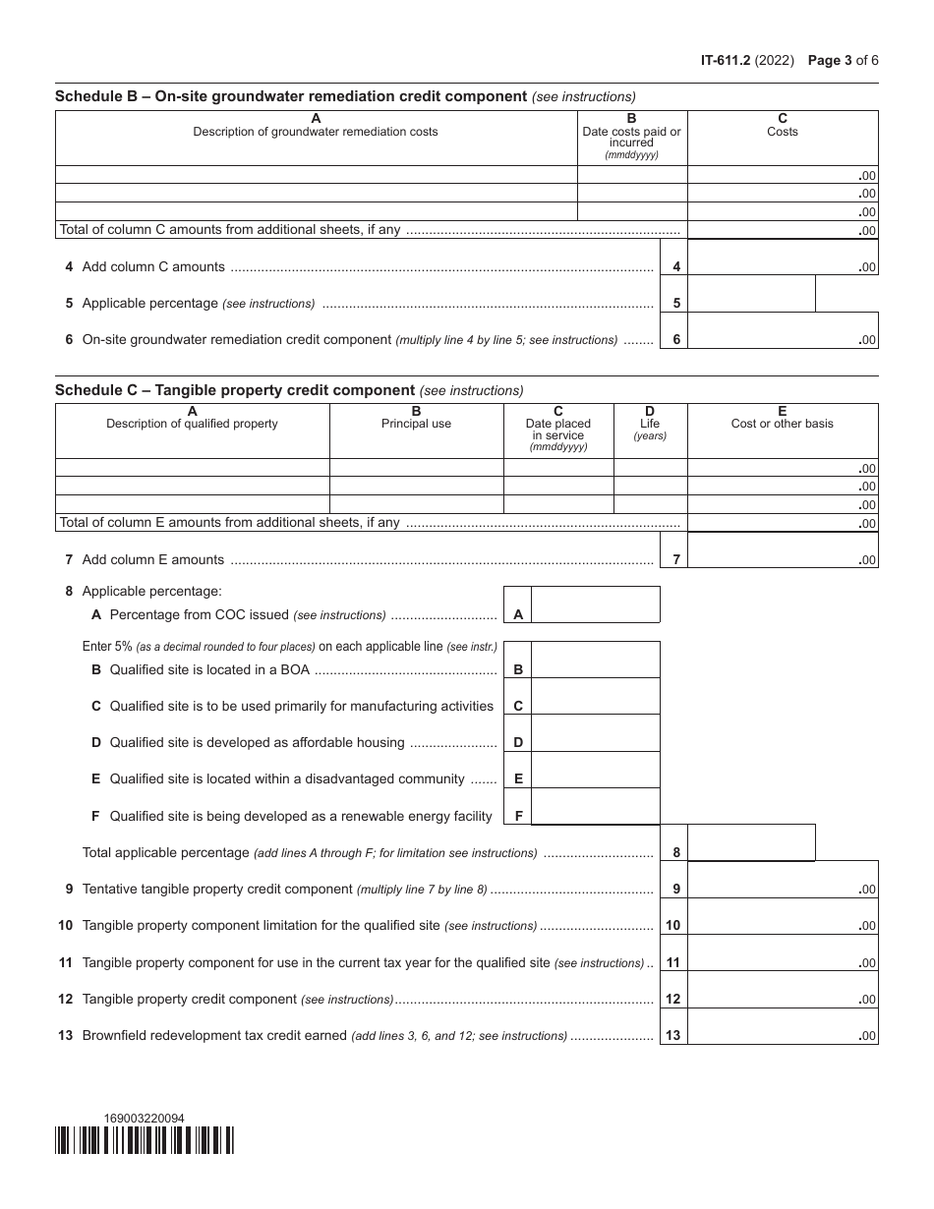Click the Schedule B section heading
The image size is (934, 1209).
pyautogui.click(x=291, y=96)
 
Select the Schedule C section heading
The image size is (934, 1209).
pyautogui.click(x=235, y=390)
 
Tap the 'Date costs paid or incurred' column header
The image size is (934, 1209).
pyautogui.click(x=631, y=137)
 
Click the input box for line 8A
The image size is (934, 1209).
pyautogui.click(x=595, y=604)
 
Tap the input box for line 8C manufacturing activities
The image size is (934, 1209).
pyautogui.click(x=595, y=696)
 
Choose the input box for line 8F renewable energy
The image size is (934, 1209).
pyautogui.click(x=595, y=806)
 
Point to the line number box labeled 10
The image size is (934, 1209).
pyautogui.click(x=673, y=926)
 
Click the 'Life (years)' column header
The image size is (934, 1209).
pyautogui.click(x=650, y=424)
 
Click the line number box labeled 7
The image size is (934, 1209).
pyautogui.click(x=675, y=560)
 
